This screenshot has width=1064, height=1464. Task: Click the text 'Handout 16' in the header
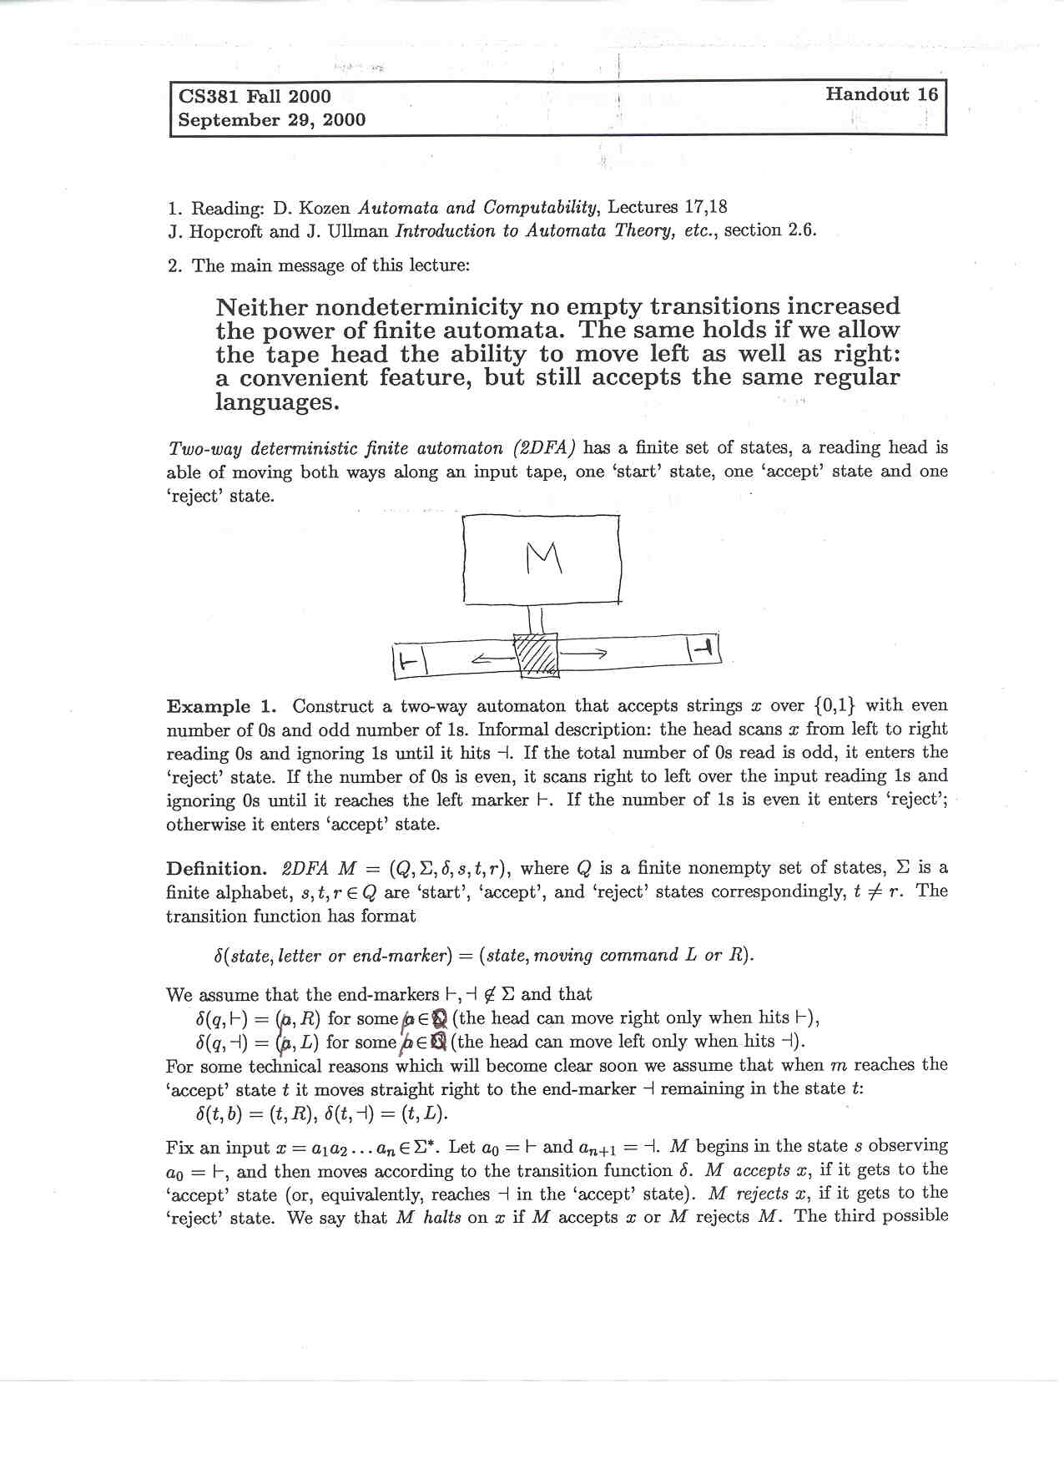(881, 94)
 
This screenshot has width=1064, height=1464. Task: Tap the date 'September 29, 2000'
(272, 120)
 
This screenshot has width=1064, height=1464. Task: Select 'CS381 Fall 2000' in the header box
(255, 97)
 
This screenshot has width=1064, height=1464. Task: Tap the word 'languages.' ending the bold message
(278, 402)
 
